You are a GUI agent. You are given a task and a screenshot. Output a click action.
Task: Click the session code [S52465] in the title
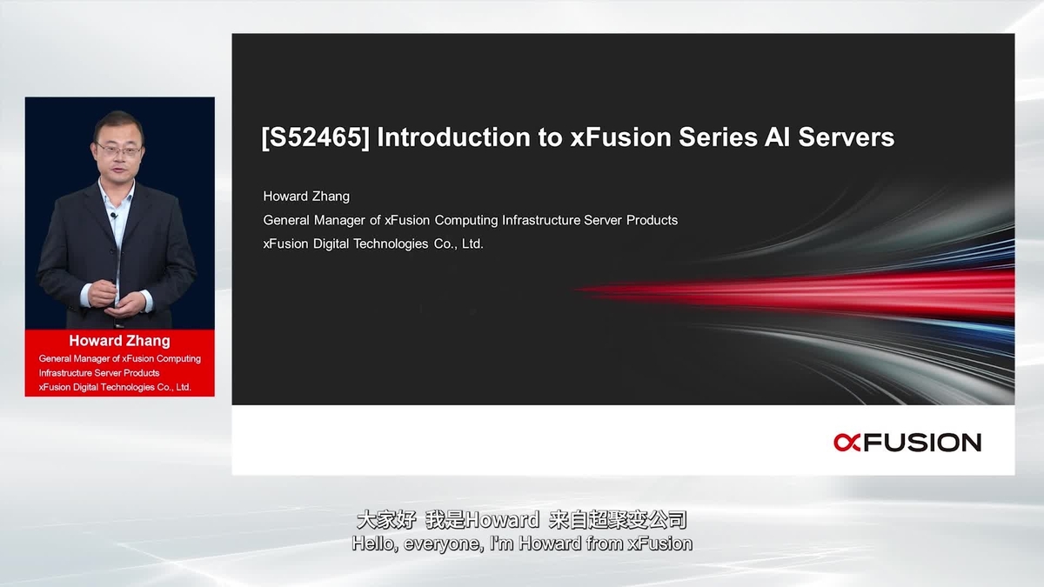pyautogui.click(x=315, y=137)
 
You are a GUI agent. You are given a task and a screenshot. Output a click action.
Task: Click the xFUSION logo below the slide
pyautogui.click(x=907, y=442)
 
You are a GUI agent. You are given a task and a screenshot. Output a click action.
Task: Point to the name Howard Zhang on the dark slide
pyautogui.click(x=306, y=197)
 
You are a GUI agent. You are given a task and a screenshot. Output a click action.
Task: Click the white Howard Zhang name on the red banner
pyautogui.click(x=119, y=341)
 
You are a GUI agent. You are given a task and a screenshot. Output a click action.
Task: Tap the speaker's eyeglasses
pyautogui.click(x=118, y=150)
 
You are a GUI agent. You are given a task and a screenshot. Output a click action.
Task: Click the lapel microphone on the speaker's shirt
pyautogui.click(x=113, y=215)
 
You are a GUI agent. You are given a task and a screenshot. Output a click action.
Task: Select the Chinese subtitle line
pyautogui.click(x=522, y=520)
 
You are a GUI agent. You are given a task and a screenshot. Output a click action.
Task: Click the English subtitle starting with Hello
pyautogui.click(x=522, y=544)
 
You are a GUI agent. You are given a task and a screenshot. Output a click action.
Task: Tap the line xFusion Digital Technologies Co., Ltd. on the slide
pyautogui.click(x=373, y=244)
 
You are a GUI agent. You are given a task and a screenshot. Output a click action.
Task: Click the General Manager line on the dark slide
pyautogui.click(x=470, y=221)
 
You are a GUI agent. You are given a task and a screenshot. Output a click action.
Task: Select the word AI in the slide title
pyautogui.click(x=749, y=137)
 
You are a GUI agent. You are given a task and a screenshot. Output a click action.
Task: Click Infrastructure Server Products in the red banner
pyautogui.click(x=99, y=373)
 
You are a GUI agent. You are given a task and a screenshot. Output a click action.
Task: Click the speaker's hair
pyautogui.click(x=118, y=121)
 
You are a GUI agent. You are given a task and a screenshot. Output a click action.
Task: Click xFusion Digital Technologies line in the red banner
pyautogui.click(x=115, y=387)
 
